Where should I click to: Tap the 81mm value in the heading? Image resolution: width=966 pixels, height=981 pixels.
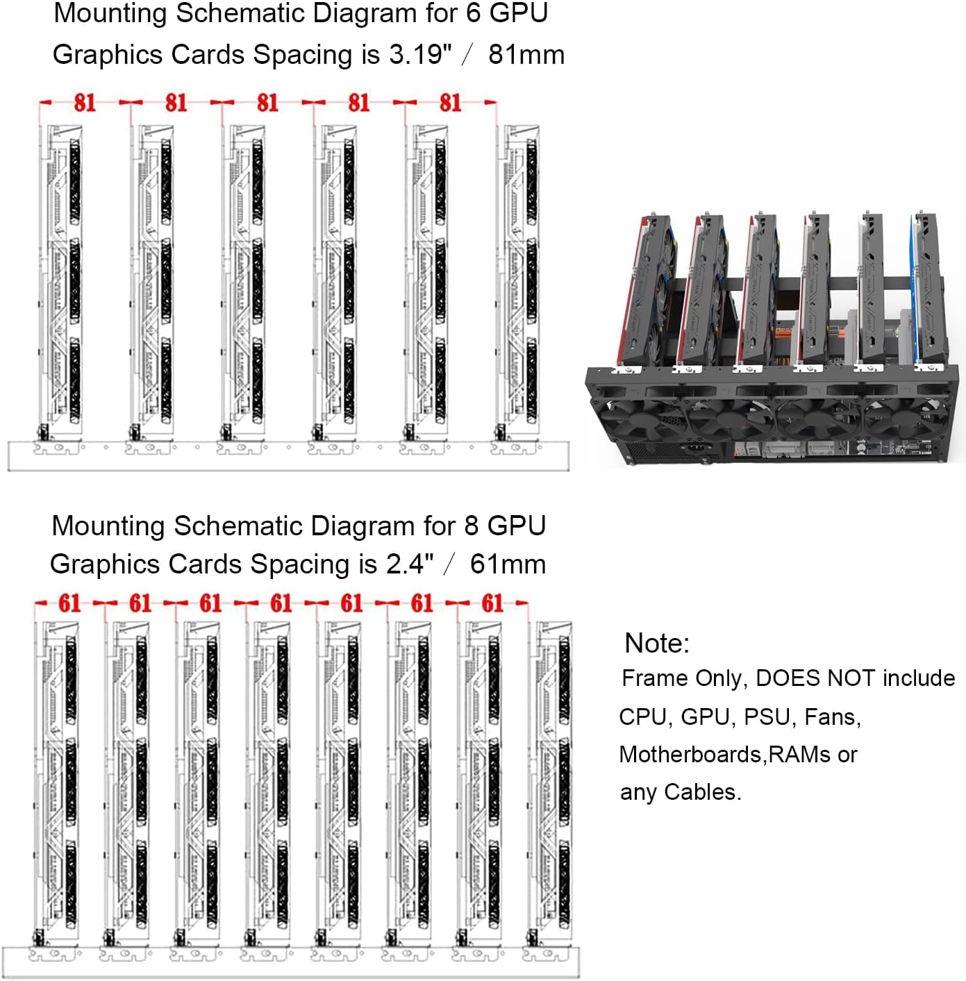pos(526,55)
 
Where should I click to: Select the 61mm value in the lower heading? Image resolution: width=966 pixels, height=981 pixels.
pos(508,564)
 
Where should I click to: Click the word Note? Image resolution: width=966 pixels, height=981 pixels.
pos(657,644)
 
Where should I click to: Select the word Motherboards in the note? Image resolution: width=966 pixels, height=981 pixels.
pos(692,755)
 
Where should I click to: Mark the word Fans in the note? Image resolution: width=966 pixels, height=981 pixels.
pos(831,717)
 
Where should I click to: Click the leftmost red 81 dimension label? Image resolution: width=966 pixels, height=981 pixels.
pos(85,103)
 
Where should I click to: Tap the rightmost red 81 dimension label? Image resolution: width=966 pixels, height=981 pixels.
pos(450,103)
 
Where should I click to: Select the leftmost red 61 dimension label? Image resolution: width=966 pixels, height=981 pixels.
pos(69,603)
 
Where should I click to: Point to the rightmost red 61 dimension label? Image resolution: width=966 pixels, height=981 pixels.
pos(492,603)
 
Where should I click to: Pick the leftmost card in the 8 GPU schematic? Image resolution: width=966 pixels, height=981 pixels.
pos(58,778)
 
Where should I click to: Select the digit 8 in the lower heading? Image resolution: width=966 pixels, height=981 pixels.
pos(472,526)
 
